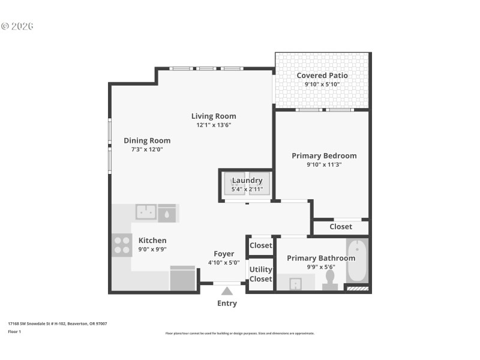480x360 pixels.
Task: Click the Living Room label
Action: [214, 116]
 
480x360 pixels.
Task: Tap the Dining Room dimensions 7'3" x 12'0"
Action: [147, 149]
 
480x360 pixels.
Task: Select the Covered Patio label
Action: [322, 76]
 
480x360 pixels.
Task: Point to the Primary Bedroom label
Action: [324, 155]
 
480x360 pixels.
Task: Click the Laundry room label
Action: [247, 180]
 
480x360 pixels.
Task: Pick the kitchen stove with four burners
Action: [122, 245]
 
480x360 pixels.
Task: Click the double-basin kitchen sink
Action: [146, 212]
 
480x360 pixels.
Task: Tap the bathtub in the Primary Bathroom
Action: [357, 260]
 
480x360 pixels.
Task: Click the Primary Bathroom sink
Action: [295, 284]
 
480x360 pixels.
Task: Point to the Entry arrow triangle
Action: [227, 291]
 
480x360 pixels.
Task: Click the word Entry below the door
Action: [227, 304]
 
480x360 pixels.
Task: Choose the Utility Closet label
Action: [260, 274]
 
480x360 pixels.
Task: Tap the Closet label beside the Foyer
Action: [260, 245]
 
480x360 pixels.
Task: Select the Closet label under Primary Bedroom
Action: [341, 226]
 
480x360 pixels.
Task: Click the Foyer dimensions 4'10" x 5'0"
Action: [224, 262]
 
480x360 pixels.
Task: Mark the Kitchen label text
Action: [152, 240]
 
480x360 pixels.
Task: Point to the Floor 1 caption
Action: [14, 331]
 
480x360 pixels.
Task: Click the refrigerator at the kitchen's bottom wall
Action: [182, 278]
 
